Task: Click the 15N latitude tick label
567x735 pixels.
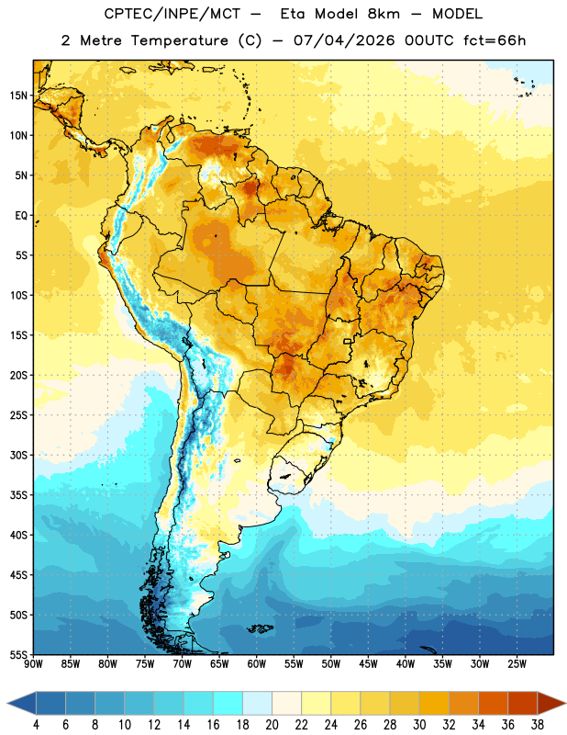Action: [18, 96]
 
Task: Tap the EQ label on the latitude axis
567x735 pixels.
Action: [21, 216]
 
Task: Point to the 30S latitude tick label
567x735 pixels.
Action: [18, 455]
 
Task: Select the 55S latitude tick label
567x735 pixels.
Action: [18, 654]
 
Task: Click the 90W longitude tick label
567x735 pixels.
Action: [33, 664]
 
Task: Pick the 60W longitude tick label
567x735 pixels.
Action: [257, 664]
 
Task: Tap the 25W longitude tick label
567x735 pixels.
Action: [517, 664]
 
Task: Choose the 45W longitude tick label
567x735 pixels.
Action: [368, 664]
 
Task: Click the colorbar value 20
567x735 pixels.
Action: [272, 725]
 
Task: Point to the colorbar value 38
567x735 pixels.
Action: [538, 725]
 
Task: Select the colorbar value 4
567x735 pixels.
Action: [36, 725]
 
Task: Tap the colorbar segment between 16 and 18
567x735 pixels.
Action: [228, 703]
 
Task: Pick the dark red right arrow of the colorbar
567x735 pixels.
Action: [550, 703]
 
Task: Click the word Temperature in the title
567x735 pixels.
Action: [179, 40]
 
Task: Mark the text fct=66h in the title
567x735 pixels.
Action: [495, 40]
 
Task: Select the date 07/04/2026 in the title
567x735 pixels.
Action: [344, 40]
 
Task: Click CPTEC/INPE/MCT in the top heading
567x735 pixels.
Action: [172, 14]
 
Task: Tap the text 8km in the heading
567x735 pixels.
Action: [384, 14]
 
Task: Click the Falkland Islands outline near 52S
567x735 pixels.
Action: [260, 628]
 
